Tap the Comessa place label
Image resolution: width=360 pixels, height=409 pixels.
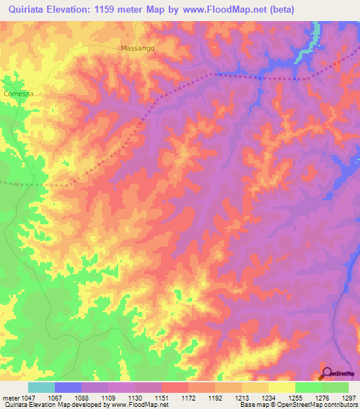point(18,93)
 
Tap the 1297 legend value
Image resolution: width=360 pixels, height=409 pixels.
point(349,398)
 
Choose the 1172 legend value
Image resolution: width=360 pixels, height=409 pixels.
point(188,398)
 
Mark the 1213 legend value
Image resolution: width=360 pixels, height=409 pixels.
point(242,398)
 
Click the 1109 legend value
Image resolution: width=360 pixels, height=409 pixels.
point(108,398)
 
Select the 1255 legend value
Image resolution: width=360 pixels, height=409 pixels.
point(295,398)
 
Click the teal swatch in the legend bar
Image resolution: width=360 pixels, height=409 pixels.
point(41,387)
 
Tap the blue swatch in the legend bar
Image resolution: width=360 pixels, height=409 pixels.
point(67,387)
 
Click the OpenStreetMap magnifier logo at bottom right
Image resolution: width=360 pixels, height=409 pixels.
point(326,373)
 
